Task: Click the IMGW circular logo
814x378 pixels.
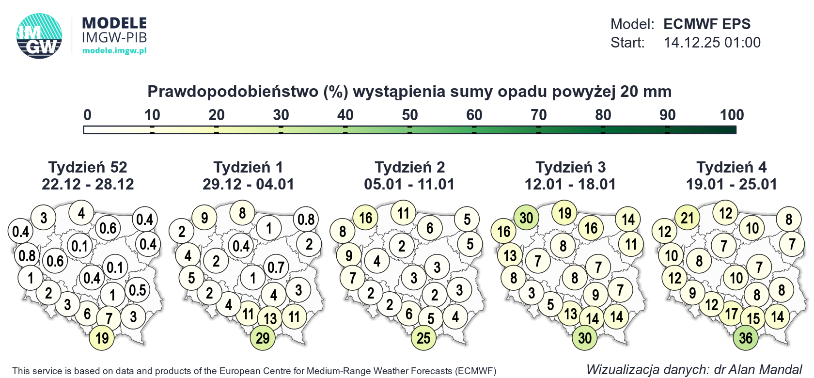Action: tap(39, 36)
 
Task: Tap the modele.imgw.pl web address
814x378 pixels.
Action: tap(114, 50)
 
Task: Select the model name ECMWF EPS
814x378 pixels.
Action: tap(707, 24)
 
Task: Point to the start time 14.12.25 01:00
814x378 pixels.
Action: tap(712, 43)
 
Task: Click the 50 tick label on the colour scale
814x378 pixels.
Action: tap(409, 115)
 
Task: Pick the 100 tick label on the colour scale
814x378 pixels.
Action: tap(732, 115)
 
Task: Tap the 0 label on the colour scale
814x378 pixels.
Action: tap(87, 115)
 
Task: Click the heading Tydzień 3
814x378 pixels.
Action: tap(570, 167)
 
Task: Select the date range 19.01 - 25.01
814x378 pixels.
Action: tap(731, 184)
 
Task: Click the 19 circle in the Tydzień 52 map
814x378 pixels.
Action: tap(102, 338)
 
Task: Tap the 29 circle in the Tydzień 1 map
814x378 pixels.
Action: tap(263, 338)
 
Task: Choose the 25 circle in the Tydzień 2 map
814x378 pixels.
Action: tap(423, 338)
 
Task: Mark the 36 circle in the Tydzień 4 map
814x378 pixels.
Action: tap(746, 338)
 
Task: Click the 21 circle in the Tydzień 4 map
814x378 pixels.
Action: tap(687, 218)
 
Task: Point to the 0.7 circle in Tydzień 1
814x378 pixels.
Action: tap(276, 267)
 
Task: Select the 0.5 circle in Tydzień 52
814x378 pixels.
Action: tap(138, 290)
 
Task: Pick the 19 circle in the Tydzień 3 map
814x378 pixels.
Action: tap(564, 213)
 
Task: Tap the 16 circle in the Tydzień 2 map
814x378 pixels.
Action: tap(365, 218)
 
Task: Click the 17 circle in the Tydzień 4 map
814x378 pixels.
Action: tap(731, 314)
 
